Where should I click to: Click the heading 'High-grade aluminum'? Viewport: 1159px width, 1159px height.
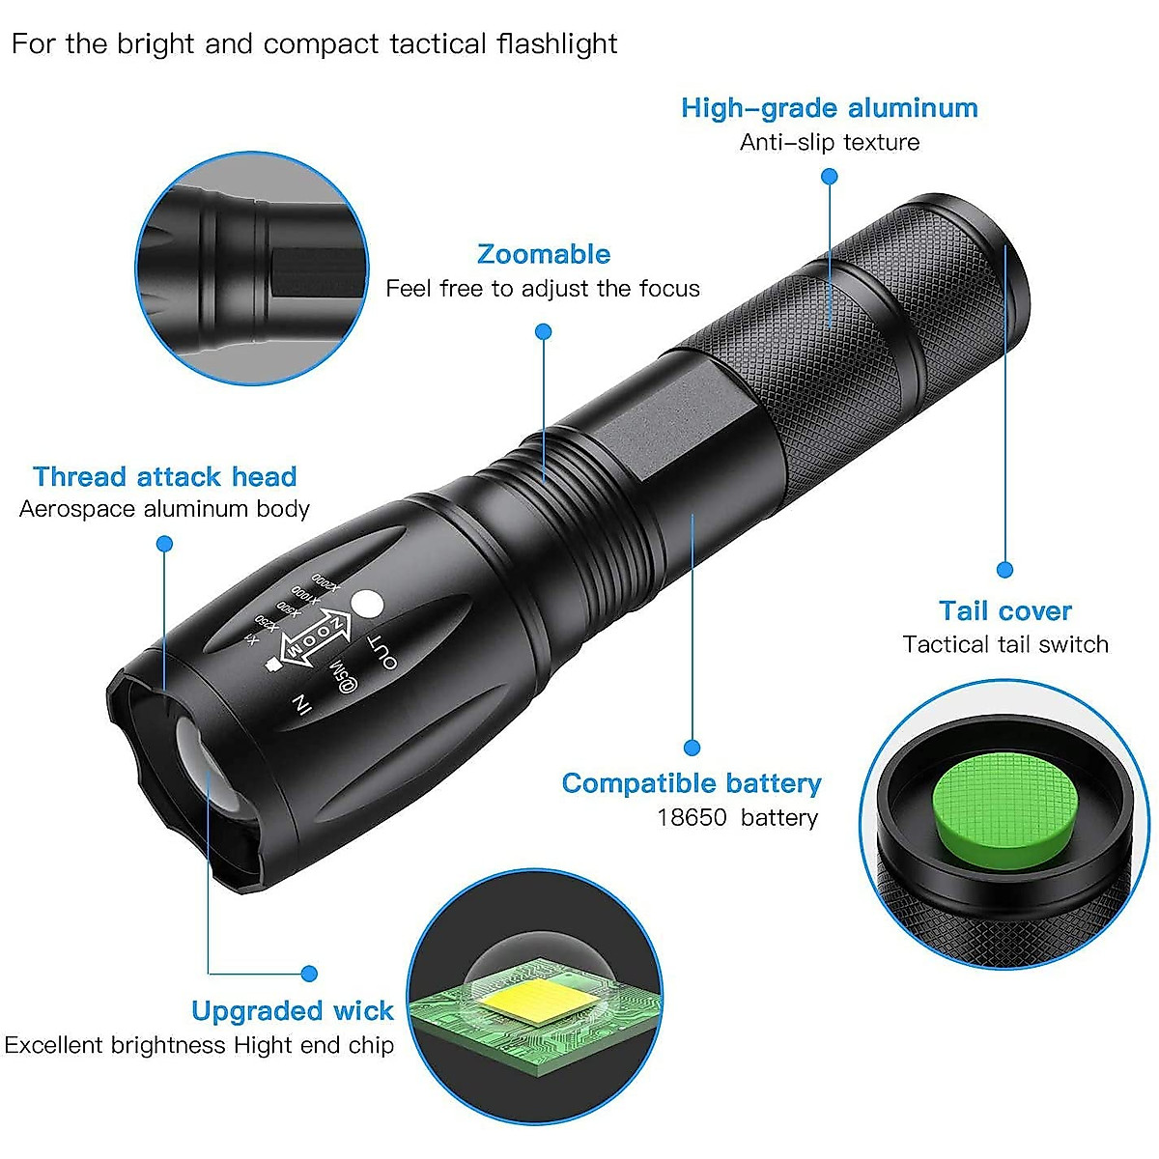(829, 108)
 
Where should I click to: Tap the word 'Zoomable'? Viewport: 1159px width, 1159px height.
(544, 255)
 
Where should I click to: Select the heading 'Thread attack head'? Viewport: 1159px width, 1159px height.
(165, 477)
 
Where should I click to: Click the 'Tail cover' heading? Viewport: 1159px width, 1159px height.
(1005, 611)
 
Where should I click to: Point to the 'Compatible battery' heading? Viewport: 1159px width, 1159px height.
(692, 783)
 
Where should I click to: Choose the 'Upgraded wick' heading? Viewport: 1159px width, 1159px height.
(293, 1011)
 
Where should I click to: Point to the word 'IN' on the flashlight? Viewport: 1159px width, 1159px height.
(301, 706)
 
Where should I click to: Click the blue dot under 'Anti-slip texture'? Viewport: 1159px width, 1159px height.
(830, 177)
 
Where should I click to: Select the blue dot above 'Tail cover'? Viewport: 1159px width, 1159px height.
(1004, 570)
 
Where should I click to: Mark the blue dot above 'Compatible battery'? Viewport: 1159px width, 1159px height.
(692, 747)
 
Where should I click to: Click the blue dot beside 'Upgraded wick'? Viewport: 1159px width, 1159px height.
(309, 974)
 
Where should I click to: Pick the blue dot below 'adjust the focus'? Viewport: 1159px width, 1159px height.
(544, 331)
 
